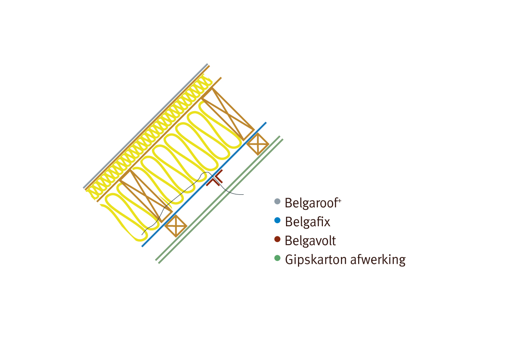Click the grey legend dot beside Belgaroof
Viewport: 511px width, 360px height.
click(x=277, y=201)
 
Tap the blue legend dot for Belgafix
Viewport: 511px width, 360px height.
click(x=277, y=221)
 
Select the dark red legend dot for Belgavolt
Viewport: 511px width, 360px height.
click(x=277, y=239)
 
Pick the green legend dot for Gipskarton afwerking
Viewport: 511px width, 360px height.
click(x=277, y=258)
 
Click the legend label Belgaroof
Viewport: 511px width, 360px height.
click(x=311, y=202)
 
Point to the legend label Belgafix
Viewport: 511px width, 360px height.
click(x=307, y=221)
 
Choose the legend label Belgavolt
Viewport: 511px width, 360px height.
click(x=310, y=240)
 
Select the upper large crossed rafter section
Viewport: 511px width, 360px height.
click(x=228, y=113)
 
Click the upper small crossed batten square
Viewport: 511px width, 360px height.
click(x=258, y=144)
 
